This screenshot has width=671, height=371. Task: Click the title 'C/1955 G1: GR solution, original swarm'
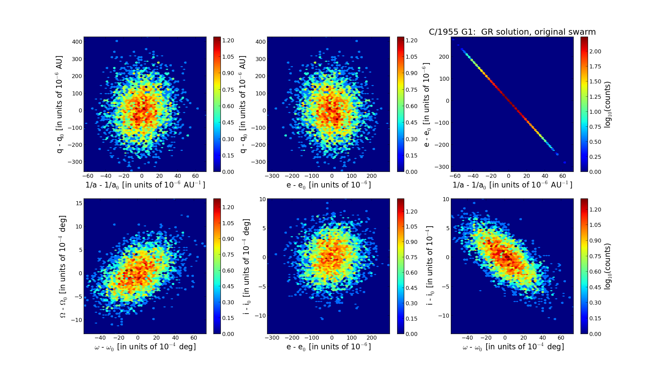[512, 32]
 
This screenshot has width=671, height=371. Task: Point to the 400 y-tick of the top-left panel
[77, 42]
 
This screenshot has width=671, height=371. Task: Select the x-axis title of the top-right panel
[512, 185]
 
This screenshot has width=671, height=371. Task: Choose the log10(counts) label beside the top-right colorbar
[608, 104]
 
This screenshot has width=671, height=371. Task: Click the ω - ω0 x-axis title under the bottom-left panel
[145, 347]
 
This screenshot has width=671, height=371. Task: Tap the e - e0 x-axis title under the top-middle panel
[328, 185]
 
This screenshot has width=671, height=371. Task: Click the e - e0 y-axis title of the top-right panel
[427, 104]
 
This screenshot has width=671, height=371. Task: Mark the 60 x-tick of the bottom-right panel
[561, 338]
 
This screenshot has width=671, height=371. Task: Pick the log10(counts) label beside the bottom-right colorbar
[608, 266]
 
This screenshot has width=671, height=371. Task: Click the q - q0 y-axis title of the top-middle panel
[243, 104]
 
